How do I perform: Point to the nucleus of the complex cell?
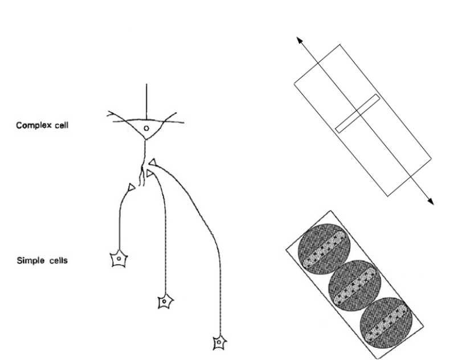click(145, 129)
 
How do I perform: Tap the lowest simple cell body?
click(218, 341)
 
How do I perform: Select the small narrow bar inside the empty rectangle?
click(358, 113)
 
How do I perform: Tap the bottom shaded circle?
click(387, 320)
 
